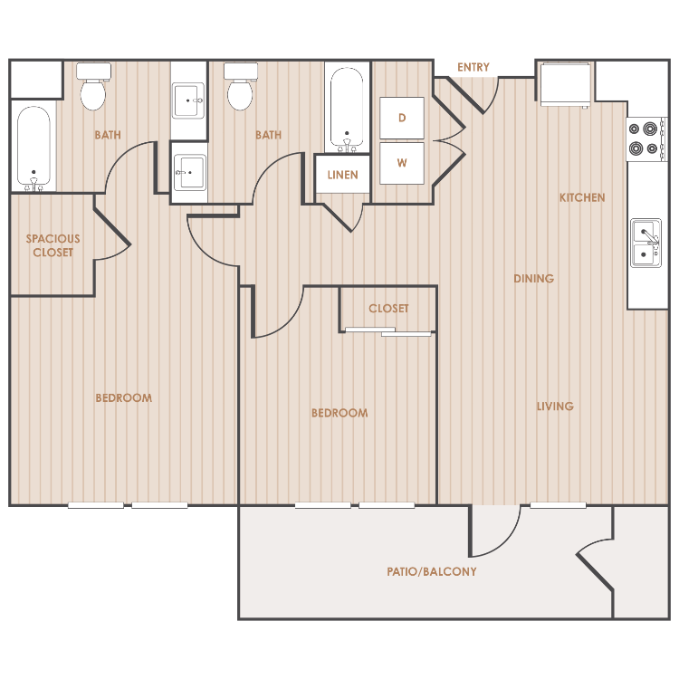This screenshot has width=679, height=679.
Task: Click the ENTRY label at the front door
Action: (473, 67)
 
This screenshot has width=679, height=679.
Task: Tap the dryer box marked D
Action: (402, 118)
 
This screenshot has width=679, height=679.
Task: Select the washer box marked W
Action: (402, 163)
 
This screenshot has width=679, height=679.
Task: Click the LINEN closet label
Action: (342, 175)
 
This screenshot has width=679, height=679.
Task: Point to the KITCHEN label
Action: (582, 197)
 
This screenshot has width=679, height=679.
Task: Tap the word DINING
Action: (533, 279)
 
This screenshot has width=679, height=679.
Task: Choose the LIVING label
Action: (555, 406)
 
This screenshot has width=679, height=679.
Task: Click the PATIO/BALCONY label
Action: (431, 571)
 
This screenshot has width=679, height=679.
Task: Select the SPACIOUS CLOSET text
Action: (53, 245)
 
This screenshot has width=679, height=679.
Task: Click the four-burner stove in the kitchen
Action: (646, 139)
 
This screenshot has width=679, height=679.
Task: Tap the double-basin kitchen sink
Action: (646, 243)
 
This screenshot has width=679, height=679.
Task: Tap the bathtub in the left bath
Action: (33, 148)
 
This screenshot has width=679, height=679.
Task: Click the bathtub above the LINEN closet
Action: (347, 110)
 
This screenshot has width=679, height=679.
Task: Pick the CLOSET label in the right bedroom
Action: (388, 309)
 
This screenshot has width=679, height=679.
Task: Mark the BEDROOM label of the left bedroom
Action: (124, 398)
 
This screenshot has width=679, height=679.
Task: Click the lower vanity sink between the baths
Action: (190, 173)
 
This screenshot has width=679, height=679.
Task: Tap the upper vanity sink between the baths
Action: (188, 100)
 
